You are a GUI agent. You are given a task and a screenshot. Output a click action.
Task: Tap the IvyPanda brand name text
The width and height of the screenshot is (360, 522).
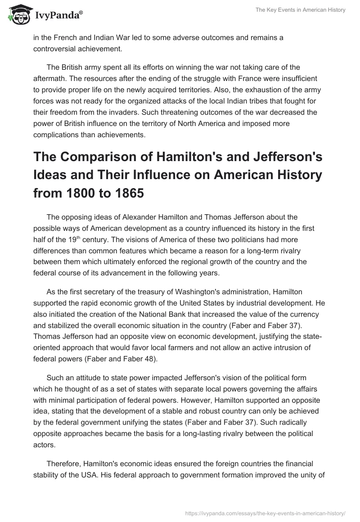pyautogui.click(x=58, y=15)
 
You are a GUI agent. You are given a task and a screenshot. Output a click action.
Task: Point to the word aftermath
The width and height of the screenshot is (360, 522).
pyautogui.click(x=51, y=78)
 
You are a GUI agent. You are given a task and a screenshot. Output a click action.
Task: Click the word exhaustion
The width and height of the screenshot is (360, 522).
pyautogui.click(x=211, y=88)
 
